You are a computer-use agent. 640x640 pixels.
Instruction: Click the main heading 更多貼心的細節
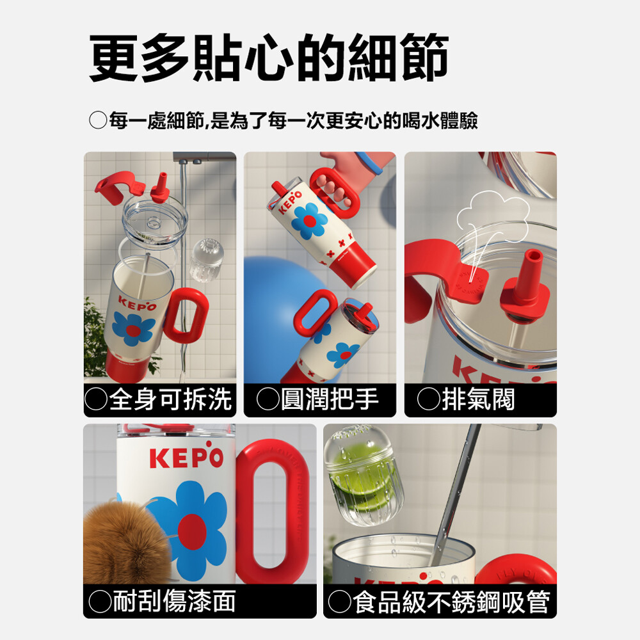tap(269, 58)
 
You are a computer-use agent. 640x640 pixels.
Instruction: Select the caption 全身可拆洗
tap(170, 399)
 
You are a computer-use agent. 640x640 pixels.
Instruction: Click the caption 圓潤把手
tap(330, 399)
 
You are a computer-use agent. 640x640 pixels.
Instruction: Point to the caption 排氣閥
tap(478, 399)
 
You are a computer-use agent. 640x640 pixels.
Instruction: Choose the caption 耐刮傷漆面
tap(174, 601)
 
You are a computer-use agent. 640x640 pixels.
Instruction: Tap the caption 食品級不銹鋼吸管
tap(451, 602)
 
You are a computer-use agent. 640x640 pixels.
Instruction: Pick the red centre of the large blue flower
tap(192, 531)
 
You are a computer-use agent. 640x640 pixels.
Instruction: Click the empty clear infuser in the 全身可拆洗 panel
tap(207, 260)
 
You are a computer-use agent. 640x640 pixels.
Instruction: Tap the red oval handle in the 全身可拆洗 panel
tap(186, 314)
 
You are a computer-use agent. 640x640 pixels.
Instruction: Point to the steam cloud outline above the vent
tap(493, 213)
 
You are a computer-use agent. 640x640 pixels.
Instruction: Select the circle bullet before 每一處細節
tap(98, 120)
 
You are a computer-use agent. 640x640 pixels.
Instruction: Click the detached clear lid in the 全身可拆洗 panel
tap(155, 222)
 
